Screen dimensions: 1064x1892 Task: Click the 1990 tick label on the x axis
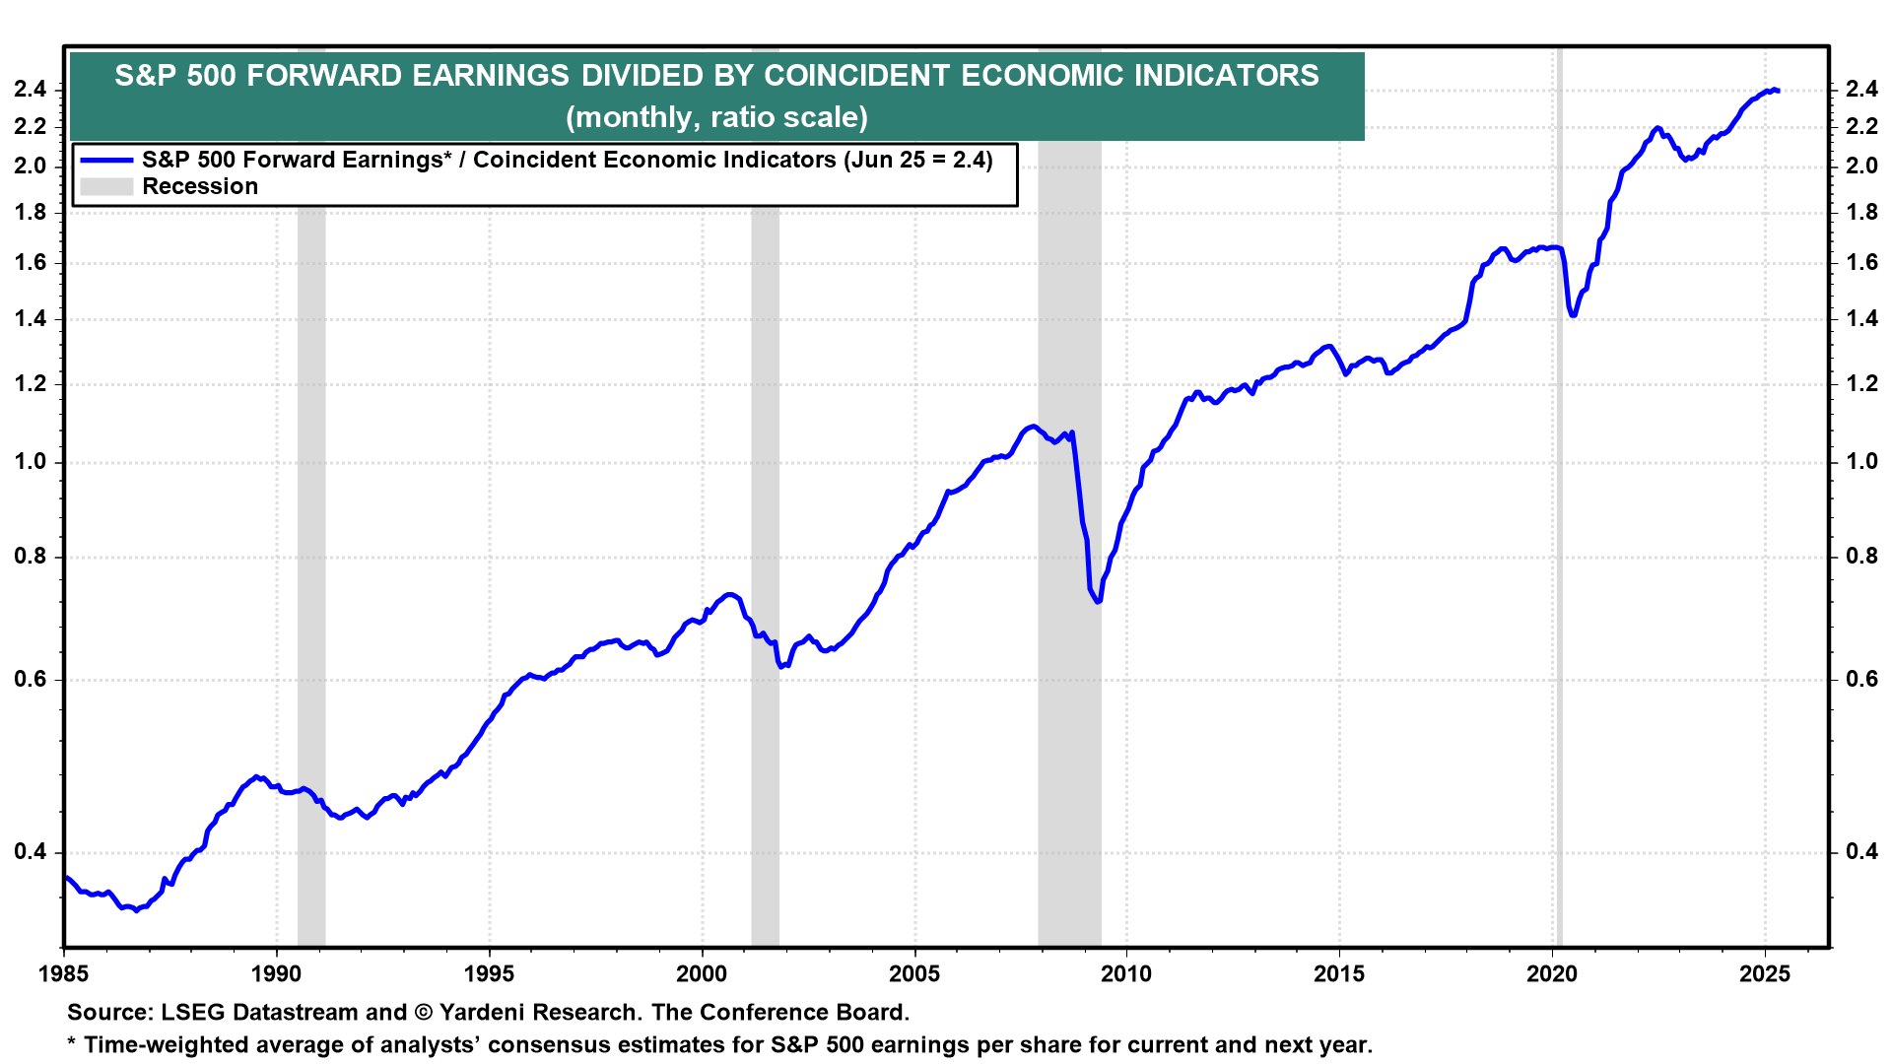276,974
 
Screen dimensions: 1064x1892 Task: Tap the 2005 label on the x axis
914,974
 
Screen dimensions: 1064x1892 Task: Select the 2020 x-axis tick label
1552,974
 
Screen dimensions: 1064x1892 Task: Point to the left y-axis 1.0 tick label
31,462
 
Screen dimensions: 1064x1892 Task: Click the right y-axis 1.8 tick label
1861,213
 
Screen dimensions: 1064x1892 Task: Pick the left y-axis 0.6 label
31,680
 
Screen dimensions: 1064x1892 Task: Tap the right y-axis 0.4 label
1861,852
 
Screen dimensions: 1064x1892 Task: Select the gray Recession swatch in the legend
106,187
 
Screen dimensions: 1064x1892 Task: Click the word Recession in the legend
200,187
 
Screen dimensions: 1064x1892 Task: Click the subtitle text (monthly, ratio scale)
716,117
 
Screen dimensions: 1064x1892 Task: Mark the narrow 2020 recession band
1558,591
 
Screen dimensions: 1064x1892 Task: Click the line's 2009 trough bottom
1097,601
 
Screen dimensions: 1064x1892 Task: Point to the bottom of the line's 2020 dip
1574,315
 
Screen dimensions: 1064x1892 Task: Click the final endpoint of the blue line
1777,91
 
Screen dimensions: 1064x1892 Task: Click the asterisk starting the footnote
72,1043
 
